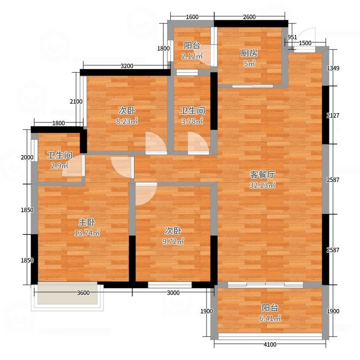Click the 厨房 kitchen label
click(249, 53)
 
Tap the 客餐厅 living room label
click(262, 175)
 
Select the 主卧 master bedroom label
click(87, 222)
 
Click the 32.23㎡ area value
click(262, 185)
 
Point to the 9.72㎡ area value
click(173, 241)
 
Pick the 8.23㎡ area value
click(127, 121)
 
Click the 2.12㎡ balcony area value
click(192, 55)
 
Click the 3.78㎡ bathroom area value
click(192, 121)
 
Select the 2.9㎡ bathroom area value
click(59, 166)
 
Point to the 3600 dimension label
click(83, 293)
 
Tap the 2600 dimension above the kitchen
click(249, 17)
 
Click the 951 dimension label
click(292, 37)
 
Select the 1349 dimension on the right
click(333, 68)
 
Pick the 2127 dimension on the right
click(333, 116)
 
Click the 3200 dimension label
click(127, 66)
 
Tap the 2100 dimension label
click(76, 101)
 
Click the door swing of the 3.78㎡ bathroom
click(198, 142)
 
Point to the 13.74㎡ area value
click(87, 233)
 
